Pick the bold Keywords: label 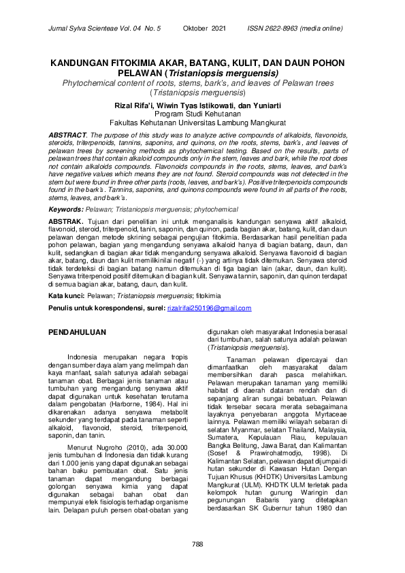click(x=65, y=210)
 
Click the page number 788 click(x=198, y=543)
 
